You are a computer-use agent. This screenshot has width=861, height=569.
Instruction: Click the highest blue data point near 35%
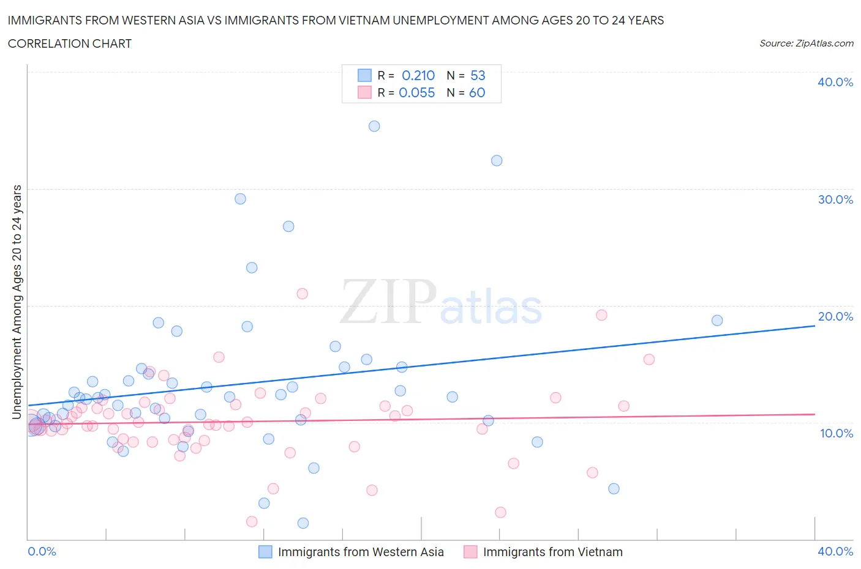tap(374, 126)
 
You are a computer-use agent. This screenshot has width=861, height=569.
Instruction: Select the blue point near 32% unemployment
tap(497, 160)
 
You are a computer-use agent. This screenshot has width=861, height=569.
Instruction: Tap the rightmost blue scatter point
tap(717, 321)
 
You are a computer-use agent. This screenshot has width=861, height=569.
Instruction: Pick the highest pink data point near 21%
tap(302, 294)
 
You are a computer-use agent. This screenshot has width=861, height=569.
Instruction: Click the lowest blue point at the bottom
tap(303, 523)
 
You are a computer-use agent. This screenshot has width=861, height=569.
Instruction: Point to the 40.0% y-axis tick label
tap(835, 82)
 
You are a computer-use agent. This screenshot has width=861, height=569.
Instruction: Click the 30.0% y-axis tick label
tap(835, 199)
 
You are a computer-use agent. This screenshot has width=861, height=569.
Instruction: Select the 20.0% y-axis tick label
tap(835, 316)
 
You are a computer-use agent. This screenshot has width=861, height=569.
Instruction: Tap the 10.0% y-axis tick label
tap(835, 433)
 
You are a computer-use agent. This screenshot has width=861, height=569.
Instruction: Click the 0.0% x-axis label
tap(42, 551)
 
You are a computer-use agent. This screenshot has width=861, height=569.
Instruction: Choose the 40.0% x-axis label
tap(835, 551)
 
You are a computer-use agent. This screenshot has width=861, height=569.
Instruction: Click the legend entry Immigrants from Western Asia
tap(361, 552)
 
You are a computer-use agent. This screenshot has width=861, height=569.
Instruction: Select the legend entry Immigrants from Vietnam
tap(552, 552)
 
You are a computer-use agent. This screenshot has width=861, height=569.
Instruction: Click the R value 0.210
tap(418, 75)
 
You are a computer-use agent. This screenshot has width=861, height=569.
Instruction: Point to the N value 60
tap(477, 92)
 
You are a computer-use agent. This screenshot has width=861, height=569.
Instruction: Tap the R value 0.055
tap(417, 92)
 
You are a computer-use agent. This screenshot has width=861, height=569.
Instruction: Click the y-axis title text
tap(17, 302)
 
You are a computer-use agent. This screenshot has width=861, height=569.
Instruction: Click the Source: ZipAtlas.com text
tap(806, 43)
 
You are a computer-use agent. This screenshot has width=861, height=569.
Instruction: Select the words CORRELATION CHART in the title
tap(70, 43)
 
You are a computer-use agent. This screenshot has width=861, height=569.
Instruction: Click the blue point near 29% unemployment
tap(240, 199)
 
